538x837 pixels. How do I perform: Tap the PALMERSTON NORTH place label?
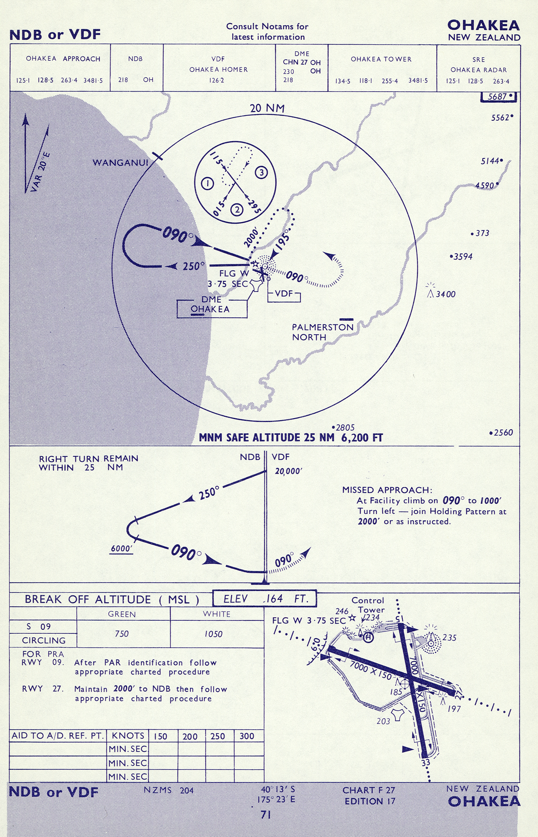(322, 332)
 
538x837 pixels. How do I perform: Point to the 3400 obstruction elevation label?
(445, 294)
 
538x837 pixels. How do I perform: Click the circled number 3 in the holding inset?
(261, 172)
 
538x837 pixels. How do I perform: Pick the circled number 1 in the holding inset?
(208, 183)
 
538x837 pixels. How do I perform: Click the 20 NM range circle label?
(267, 108)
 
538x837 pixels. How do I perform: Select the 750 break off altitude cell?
(122, 634)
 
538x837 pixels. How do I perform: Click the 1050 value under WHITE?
(214, 634)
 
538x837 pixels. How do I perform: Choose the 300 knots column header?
(247, 736)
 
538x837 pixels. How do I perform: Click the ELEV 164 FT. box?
(264, 599)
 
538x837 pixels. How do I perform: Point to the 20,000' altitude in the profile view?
(288, 471)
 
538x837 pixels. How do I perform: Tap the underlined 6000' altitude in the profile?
(122, 548)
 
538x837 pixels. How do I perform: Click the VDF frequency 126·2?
(216, 80)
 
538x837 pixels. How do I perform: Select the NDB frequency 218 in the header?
(123, 80)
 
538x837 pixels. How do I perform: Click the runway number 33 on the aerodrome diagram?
(426, 763)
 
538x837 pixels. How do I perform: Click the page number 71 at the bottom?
(266, 815)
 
